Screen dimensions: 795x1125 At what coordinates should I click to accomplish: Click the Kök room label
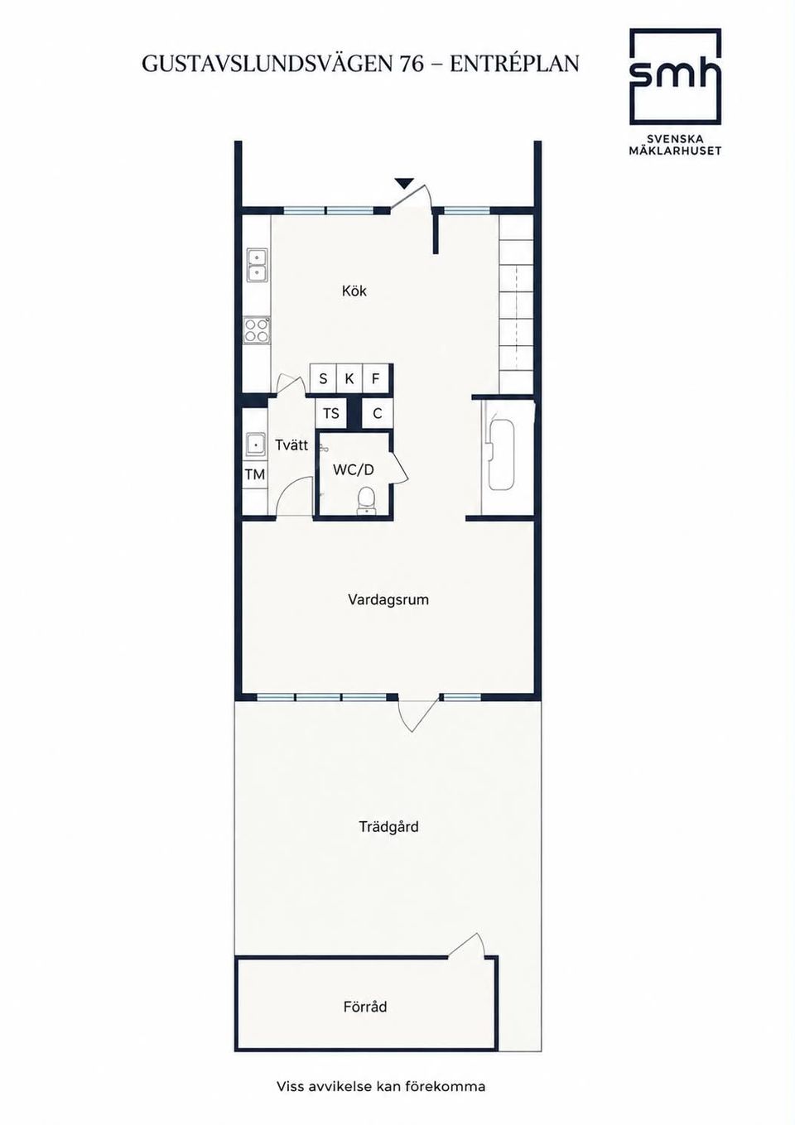pos(354,291)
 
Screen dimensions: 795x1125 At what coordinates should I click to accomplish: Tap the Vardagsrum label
pos(388,599)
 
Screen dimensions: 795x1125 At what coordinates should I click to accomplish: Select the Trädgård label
pos(388,826)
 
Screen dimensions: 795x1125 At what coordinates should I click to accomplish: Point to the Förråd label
pos(365,1007)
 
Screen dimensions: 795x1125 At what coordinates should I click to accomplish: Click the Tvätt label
pos(291,445)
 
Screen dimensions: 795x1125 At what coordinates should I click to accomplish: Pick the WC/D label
pos(354,470)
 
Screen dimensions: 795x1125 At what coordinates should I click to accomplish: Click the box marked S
pos(323,378)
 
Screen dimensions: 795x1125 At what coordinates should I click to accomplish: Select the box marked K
pos(349,378)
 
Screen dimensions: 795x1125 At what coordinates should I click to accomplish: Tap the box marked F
pos(375,378)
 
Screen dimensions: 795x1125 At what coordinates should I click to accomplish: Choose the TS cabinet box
pos(331,413)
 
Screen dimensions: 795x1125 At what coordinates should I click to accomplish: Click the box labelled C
pos(378,413)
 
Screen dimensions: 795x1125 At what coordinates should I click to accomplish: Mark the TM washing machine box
pos(255,474)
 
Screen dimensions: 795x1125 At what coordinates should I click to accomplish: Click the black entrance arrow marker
pos(403,183)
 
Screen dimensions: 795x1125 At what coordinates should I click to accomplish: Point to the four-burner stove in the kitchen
pos(257,330)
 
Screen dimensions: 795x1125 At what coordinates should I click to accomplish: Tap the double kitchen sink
pos(257,265)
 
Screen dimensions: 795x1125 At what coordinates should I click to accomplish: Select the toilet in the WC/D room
pos(366,500)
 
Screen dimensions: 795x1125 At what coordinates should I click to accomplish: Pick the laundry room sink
pos(256,444)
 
